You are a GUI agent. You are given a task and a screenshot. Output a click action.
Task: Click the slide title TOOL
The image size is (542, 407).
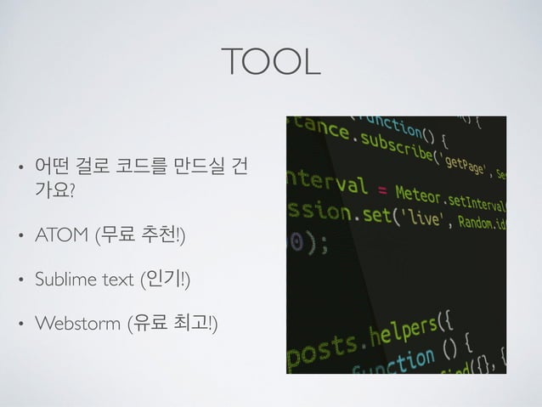pos(270,60)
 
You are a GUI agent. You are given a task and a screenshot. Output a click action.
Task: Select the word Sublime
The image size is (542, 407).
pos(62,279)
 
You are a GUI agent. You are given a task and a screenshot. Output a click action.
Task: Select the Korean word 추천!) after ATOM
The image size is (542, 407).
pos(165,235)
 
